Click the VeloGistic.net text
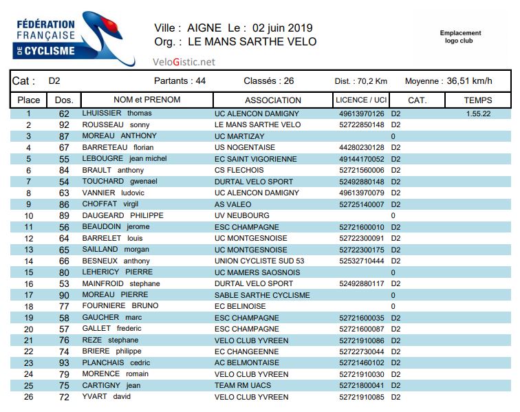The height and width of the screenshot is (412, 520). coord(184,62)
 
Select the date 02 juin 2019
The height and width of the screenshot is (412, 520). coord(283,28)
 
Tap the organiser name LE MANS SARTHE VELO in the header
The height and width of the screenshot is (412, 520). coord(252,42)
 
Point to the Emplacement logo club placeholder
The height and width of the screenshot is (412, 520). coord(460,36)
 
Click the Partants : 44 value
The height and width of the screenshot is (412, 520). coord(180,81)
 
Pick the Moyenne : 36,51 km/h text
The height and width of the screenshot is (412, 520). coord(448,81)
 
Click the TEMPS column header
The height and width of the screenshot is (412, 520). coord(478,100)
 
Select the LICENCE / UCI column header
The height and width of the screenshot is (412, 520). coord(361,100)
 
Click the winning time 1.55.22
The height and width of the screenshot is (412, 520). coord(478,113)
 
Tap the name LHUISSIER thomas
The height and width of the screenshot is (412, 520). coord(117,113)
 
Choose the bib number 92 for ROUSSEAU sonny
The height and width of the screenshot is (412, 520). coord(65,124)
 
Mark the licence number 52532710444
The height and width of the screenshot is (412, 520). coord(362,261)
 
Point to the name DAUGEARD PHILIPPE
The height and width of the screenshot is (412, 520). coord(122,215)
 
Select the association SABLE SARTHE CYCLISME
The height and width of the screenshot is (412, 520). coord(262,295)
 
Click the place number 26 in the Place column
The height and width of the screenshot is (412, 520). coord(28,397)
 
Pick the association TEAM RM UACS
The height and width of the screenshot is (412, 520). coord(244,385)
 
